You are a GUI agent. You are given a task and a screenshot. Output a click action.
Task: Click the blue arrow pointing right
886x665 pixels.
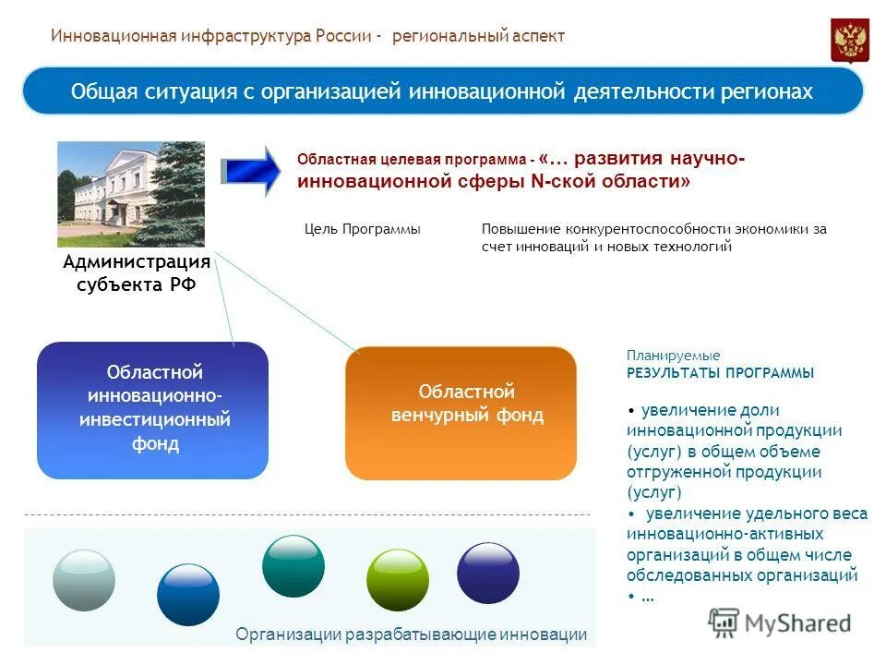(252, 171)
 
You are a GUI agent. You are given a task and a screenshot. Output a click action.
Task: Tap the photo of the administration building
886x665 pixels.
(131, 193)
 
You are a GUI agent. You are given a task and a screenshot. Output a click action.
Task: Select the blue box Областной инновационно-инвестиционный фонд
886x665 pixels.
(152, 410)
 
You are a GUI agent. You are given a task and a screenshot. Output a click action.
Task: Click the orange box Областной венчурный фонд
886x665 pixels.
(461, 412)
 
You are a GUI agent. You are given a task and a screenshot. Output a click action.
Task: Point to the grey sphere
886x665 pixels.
(84, 579)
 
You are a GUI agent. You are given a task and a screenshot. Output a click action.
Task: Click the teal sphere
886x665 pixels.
(293, 565)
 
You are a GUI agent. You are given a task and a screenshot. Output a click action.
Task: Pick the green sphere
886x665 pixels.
(397, 579)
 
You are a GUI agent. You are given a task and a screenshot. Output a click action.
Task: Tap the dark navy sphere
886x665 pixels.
(488, 572)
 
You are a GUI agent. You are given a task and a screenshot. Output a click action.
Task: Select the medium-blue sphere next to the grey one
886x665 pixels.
(188, 594)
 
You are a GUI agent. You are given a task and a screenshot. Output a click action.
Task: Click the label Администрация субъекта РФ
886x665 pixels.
(137, 273)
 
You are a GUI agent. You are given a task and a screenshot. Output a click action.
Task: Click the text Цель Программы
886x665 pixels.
(362, 229)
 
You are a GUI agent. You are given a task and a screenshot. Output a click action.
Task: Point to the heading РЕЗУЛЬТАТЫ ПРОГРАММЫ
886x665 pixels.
(720, 373)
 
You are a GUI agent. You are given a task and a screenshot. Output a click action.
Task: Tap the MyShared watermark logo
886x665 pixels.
(780, 623)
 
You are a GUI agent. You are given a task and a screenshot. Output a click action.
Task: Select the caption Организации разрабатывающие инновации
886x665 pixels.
(411, 635)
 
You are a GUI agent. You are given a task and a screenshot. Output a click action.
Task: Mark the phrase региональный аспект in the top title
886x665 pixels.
(478, 36)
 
